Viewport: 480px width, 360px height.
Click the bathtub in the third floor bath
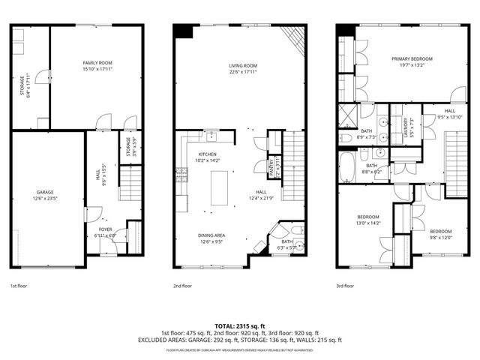pos(347,168)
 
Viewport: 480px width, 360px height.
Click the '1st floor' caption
pos(19,286)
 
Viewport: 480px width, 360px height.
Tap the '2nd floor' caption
pos(182,286)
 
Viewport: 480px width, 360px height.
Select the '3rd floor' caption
pos(345,286)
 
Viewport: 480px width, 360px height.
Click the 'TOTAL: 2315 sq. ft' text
pos(240,326)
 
